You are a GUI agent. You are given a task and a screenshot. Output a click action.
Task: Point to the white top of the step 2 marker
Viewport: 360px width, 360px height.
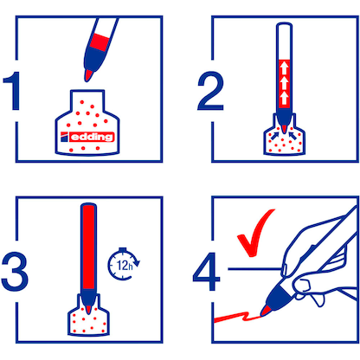281,39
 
